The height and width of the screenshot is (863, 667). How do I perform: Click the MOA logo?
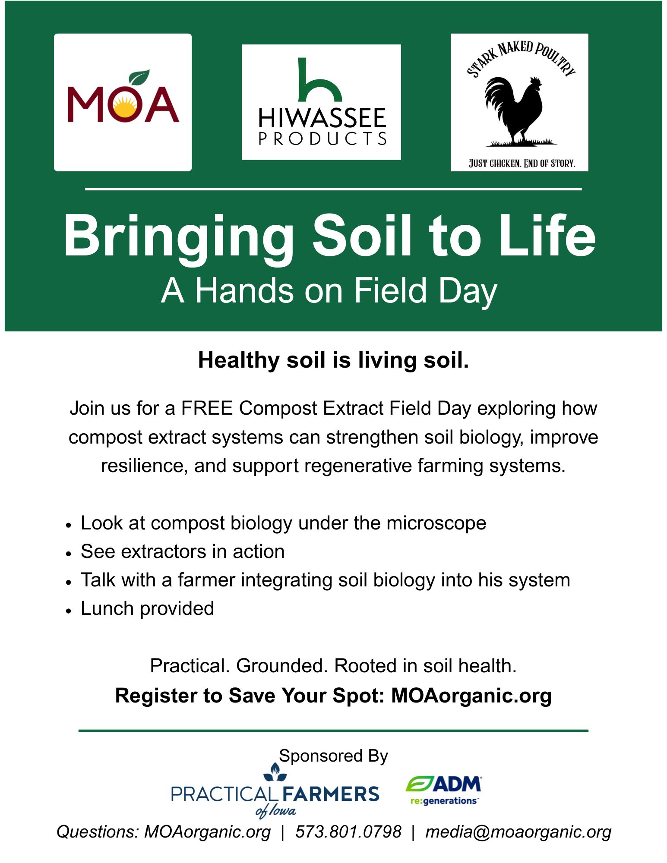(x=123, y=103)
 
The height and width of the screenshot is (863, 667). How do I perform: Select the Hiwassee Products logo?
(x=321, y=102)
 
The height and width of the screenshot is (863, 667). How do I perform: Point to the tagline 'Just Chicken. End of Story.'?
(x=522, y=163)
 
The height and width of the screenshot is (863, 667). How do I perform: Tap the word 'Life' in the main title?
(x=547, y=236)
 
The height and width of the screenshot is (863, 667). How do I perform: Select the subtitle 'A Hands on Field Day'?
(x=329, y=291)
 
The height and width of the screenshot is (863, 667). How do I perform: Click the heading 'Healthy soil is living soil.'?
(x=333, y=360)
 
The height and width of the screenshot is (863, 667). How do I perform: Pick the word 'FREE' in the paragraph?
(x=207, y=408)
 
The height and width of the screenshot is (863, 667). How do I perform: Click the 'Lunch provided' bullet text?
(x=147, y=608)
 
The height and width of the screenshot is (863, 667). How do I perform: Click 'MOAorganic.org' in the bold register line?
(x=471, y=696)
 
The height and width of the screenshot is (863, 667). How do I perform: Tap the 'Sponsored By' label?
(x=333, y=756)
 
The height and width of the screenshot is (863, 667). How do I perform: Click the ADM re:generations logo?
(x=444, y=790)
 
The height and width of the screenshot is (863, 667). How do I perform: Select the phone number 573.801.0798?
(x=348, y=832)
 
